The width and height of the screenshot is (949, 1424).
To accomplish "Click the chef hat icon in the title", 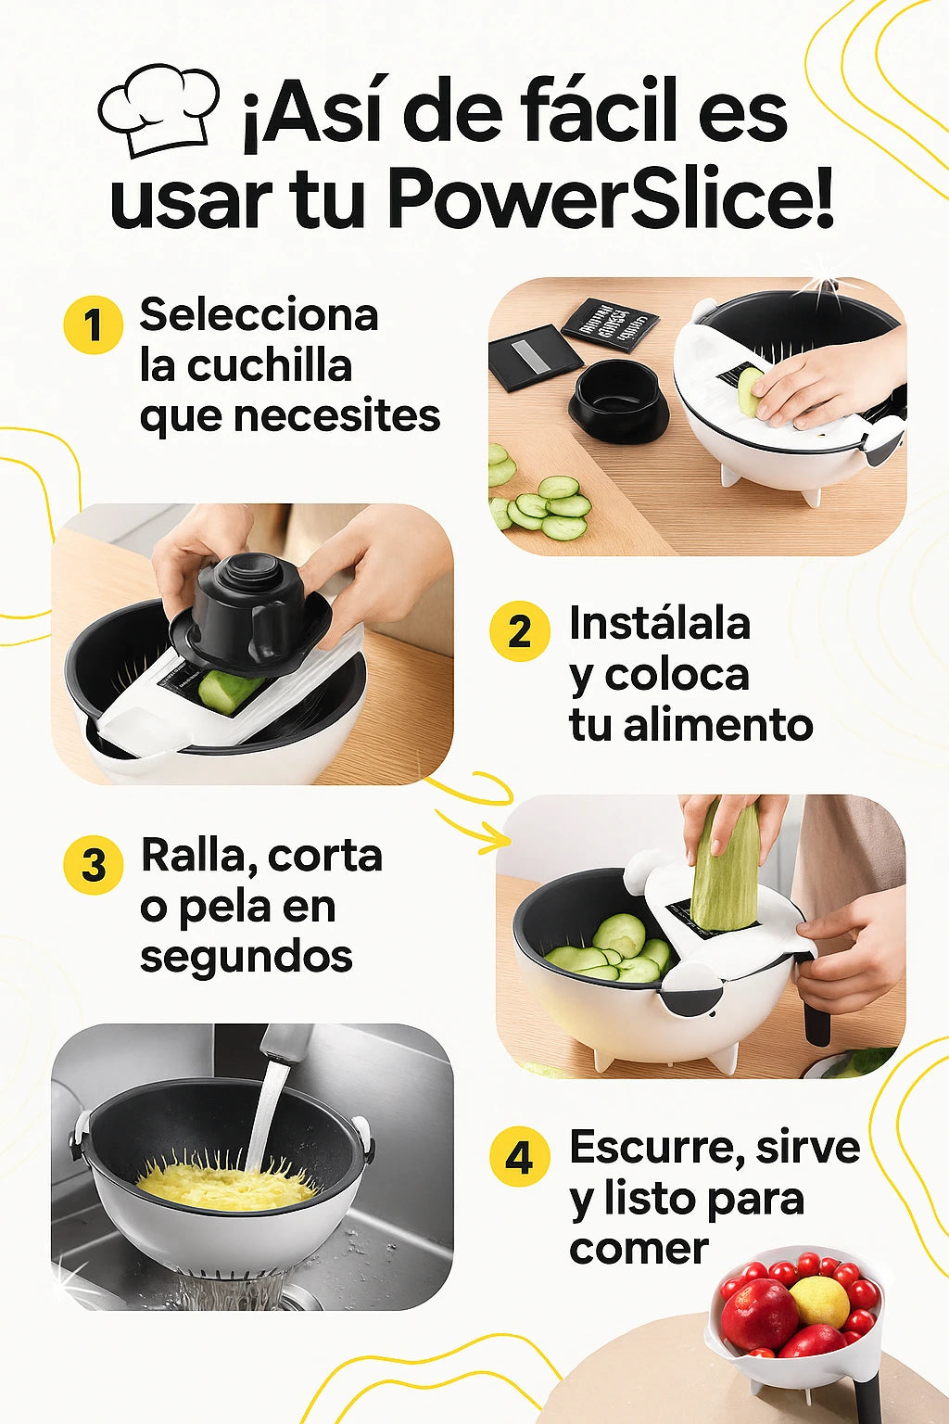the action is (158, 109).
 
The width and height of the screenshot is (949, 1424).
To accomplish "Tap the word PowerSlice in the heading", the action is (611, 197).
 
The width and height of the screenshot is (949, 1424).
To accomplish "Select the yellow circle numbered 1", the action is (93, 324).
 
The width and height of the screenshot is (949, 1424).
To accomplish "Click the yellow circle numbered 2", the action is (519, 631).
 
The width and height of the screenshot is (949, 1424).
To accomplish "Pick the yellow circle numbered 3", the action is (94, 865).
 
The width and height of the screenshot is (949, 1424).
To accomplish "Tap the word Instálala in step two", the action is (660, 622).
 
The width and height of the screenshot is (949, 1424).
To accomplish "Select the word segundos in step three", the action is (247, 955).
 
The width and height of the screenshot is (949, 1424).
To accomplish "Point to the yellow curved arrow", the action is (474, 810).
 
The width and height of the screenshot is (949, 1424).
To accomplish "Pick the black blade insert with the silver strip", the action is (536, 357).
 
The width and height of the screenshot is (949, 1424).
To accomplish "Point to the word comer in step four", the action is (639, 1249).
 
